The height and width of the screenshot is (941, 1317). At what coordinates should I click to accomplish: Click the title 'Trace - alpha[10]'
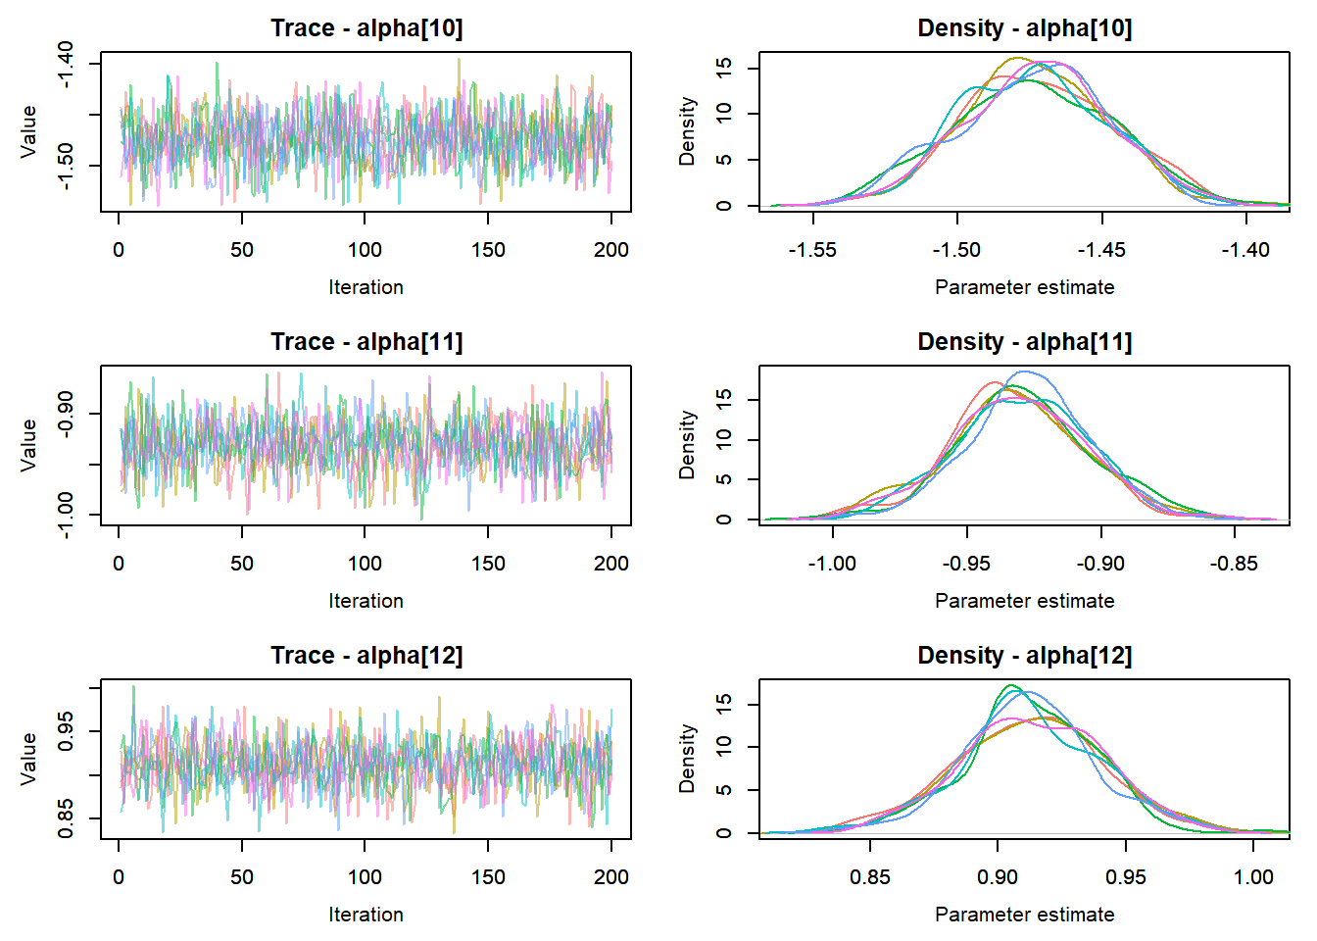(366, 28)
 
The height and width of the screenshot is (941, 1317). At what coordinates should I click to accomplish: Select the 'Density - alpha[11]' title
(1024, 342)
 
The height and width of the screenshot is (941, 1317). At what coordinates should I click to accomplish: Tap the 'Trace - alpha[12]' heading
(366, 656)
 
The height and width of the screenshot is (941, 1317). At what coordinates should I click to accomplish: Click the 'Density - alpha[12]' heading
(1024, 656)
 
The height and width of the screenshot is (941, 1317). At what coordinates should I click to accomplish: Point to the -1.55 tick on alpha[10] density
(812, 250)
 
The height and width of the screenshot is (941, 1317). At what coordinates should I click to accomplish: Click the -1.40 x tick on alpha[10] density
(1245, 250)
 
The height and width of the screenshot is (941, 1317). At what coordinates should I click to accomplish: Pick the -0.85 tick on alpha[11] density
(1234, 564)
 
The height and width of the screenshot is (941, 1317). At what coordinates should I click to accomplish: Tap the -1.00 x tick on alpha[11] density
(832, 564)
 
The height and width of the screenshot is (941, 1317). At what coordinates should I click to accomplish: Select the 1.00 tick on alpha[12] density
(1253, 877)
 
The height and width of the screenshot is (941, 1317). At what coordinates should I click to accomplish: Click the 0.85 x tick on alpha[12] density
(870, 877)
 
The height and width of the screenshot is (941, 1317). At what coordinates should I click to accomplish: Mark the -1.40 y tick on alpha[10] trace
(65, 65)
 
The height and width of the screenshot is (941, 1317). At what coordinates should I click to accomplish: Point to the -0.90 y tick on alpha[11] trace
(65, 414)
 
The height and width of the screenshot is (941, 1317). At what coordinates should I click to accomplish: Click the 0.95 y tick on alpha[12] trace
(65, 731)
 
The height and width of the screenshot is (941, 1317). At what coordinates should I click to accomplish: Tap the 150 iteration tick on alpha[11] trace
(488, 564)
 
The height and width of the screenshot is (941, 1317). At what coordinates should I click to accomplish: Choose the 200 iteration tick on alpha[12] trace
(611, 877)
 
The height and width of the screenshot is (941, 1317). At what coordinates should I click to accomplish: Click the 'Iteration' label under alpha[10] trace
(366, 287)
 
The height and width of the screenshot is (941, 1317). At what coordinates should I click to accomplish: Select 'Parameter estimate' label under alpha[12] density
(1024, 915)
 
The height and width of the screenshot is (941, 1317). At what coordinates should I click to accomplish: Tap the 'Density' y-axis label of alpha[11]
(688, 445)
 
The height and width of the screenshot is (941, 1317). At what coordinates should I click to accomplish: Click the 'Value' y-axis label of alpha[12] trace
(29, 759)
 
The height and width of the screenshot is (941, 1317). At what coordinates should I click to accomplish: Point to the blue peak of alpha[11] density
(1025, 372)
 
